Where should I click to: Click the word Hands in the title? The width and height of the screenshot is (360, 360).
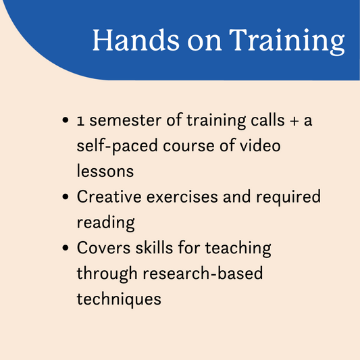pyautogui.click(x=136, y=40)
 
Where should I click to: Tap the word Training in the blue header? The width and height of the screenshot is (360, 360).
pyautogui.click(x=287, y=42)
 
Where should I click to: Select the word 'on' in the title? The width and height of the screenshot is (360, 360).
pyautogui.click(x=205, y=43)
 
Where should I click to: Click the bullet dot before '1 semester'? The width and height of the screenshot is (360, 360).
pyautogui.click(x=66, y=120)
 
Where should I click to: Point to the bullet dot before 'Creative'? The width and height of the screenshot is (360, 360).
pyautogui.click(x=66, y=197)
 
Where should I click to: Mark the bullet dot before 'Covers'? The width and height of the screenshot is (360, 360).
pyautogui.click(x=66, y=248)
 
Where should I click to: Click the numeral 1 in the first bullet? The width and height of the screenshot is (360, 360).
pyautogui.click(x=80, y=121)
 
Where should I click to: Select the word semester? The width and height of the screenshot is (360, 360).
pyautogui.click(x=126, y=120)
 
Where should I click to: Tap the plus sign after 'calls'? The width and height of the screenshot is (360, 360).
pyautogui.click(x=294, y=121)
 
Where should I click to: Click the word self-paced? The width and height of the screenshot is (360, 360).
pyautogui.click(x=117, y=147)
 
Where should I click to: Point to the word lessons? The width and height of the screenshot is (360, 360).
pyautogui.click(x=105, y=171)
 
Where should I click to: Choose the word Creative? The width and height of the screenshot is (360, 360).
pyautogui.click(x=109, y=197)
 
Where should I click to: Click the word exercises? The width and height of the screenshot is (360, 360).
pyautogui.click(x=182, y=197)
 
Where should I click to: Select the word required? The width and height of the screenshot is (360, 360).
pyautogui.click(x=288, y=197)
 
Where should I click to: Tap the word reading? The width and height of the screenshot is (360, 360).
pyautogui.click(x=105, y=223)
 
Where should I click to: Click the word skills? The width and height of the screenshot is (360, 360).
pyautogui.click(x=154, y=247)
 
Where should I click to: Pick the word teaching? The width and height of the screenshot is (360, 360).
pyautogui.click(x=238, y=249)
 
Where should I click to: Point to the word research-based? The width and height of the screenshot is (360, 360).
pyautogui.click(x=203, y=273)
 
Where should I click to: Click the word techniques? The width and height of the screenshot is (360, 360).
pyautogui.click(x=119, y=299)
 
